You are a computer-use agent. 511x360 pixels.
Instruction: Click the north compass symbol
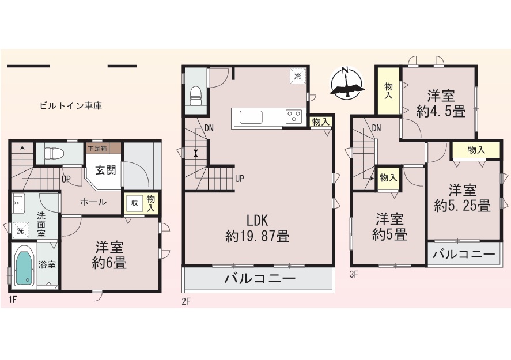pyautogui.click(x=347, y=83)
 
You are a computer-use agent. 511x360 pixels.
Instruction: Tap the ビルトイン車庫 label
pyautogui.click(x=71, y=106)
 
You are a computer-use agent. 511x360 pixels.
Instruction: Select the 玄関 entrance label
pyautogui.click(x=105, y=170)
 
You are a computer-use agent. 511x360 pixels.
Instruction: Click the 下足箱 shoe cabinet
pyautogui.click(x=104, y=149)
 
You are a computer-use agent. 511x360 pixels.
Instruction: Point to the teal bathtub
pyautogui.click(x=24, y=265)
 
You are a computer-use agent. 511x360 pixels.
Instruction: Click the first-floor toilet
pyautogui.click(x=51, y=153)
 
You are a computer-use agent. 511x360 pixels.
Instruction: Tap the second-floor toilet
pyautogui.click(x=196, y=96)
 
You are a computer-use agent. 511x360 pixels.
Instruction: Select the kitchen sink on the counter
pyautogui.click(x=251, y=118)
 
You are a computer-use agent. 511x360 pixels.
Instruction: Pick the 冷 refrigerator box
pyautogui.click(x=298, y=76)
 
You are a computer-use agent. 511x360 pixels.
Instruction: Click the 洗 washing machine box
pyautogui.click(x=21, y=230)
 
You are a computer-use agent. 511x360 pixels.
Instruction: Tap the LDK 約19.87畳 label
pyautogui.click(x=258, y=229)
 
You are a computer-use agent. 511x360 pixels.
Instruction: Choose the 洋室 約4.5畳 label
pyautogui.click(x=441, y=104)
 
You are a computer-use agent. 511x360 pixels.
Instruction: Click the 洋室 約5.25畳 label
pyautogui.click(x=463, y=198)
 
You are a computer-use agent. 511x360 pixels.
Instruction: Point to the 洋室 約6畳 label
pyautogui.click(x=109, y=255)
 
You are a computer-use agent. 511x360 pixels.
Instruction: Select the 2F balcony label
pyautogui.click(x=260, y=279)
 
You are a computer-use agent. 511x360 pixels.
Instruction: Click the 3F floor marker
pyautogui.click(x=354, y=274)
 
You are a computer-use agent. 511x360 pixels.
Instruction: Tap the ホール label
pyautogui.click(x=93, y=202)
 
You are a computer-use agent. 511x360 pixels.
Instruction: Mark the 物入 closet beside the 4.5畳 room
pyautogui.click(x=388, y=90)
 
